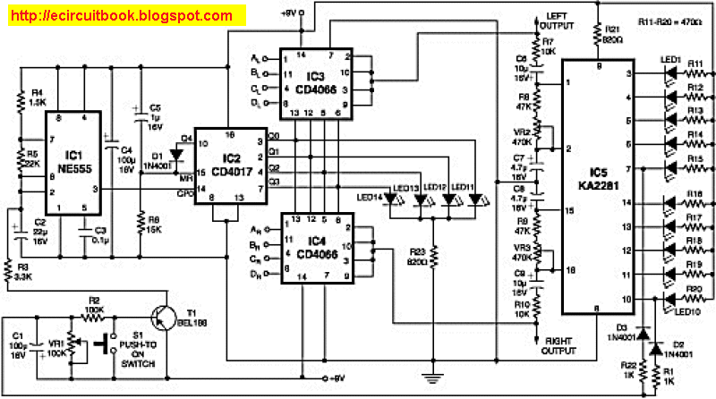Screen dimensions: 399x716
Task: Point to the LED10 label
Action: coord(686,310)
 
